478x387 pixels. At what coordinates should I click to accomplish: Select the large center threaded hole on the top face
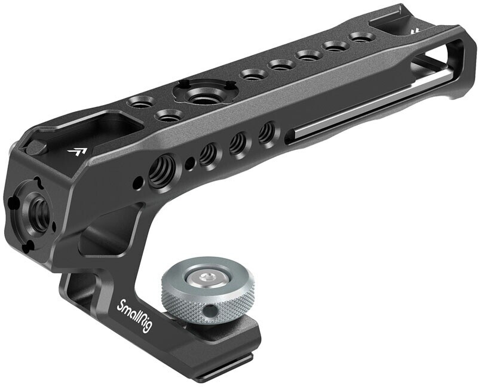200,96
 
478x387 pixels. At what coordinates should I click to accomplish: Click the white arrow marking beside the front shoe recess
76,152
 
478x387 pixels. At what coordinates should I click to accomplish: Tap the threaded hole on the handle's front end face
40,209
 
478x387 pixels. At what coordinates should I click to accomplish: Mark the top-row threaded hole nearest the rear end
363,37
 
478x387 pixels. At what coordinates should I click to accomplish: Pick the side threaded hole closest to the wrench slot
267,132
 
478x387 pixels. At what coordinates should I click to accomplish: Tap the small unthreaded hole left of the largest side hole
139,180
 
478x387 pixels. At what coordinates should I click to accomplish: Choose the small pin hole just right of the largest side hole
189,162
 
